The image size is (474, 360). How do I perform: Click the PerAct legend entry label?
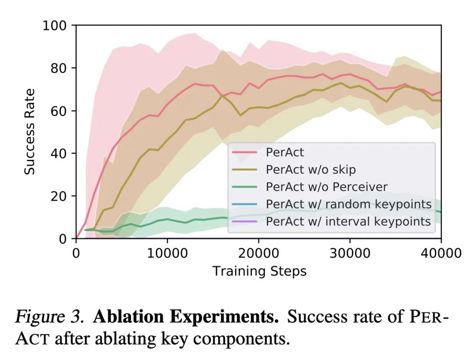point(285,152)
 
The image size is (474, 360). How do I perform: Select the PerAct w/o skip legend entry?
point(310,169)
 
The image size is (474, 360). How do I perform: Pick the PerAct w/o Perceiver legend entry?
point(327,187)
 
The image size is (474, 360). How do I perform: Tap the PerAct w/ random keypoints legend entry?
point(348,204)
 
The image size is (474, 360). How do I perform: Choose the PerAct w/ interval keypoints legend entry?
point(348,221)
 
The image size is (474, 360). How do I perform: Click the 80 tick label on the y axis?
point(60,68)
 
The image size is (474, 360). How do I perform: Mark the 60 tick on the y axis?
point(60,111)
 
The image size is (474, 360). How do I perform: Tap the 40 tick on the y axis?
point(60,154)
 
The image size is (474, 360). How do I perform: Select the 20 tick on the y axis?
point(60,196)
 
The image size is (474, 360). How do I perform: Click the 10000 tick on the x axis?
point(167,253)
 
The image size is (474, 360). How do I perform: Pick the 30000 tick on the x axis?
point(349,253)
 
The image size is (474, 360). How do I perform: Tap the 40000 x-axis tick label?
point(440,253)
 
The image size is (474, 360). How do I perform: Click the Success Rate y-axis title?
point(29,132)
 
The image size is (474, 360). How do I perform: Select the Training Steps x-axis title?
point(259,271)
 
